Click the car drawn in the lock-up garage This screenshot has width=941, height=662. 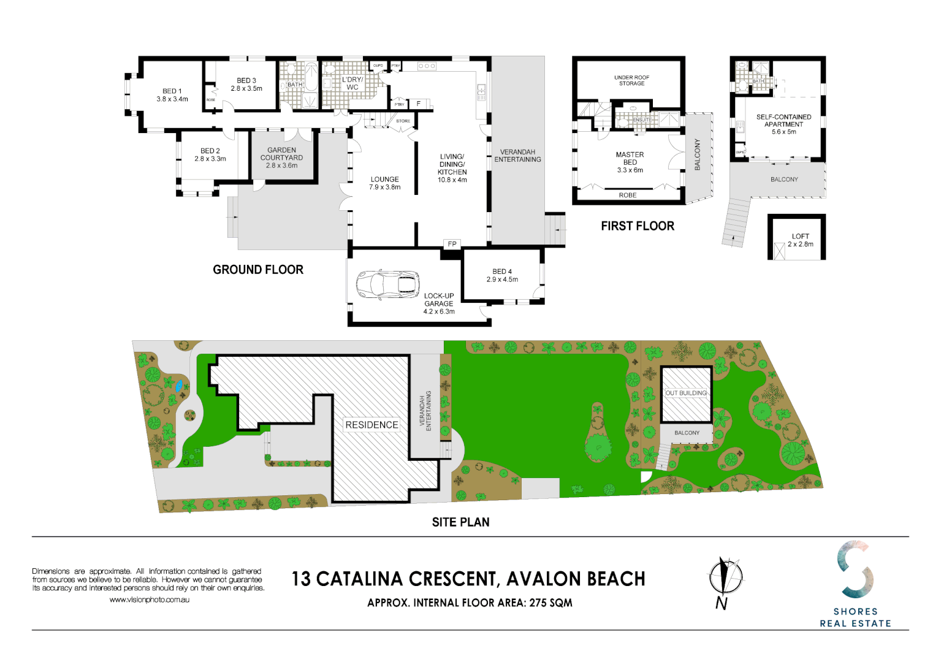tap(387, 285)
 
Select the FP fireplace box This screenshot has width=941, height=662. tap(452, 244)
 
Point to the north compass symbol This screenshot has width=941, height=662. tap(725, 578)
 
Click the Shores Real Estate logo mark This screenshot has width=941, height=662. tap(855, 569)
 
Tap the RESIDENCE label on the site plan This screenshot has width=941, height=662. tap(371, 425)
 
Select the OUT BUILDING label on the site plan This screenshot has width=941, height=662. tap(686, 393)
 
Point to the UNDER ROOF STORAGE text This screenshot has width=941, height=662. tap(631, 80)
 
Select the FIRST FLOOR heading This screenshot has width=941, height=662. tap(637, 226)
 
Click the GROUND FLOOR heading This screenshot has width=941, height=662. tap(258, 270)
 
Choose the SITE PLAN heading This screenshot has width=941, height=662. tap(460, 522)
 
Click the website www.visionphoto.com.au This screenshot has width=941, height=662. tap(149, 599)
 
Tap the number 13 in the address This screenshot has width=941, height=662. tap(301, 579)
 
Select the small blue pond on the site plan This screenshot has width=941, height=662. tap(179, 386)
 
